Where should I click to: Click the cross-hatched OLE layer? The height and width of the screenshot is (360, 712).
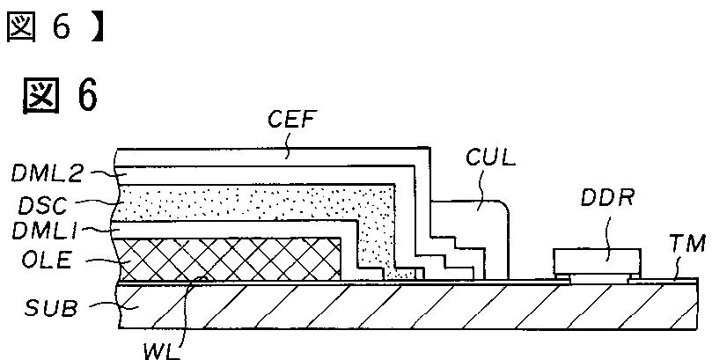point(229,261)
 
